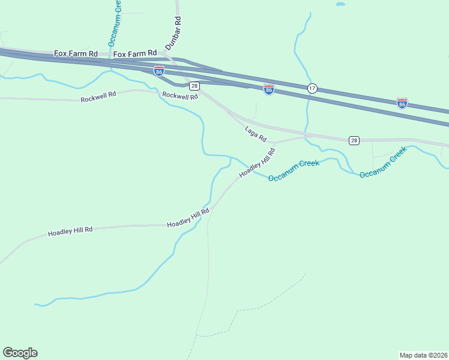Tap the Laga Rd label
click(255, 133)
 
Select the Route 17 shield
click(312, 88)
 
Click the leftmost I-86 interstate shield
click(158, 71)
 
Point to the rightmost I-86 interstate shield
click(402, 103)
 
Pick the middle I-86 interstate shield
click(269, 89)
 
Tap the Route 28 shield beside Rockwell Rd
click(194, 86)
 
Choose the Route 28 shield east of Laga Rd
click(354, 140)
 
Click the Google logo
click(20, 353)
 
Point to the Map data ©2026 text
click(423, 355)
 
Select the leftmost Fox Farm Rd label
click(76, 53)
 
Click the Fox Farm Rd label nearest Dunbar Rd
click(135, 54)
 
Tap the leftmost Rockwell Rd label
click(98, 97)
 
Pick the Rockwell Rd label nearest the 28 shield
click(179, 95)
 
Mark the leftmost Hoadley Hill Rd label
click(70, 230)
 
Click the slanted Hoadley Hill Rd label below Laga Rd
click(257, 163)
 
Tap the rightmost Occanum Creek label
click(383, 163)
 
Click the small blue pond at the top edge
click(340, 4)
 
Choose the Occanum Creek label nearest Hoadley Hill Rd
click(294, 171)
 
